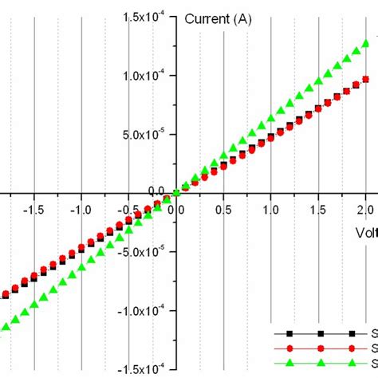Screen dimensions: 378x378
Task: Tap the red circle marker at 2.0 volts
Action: (366, 79)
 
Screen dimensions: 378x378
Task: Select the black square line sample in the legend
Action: (320, 333)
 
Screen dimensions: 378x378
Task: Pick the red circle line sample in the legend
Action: (320, 348)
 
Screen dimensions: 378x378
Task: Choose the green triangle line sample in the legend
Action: (320, 363)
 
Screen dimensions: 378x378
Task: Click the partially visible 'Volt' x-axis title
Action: (366, 232)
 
